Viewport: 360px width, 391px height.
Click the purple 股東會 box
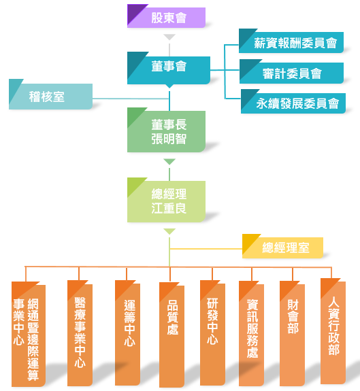(166, 16)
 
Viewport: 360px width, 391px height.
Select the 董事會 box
(169, 68)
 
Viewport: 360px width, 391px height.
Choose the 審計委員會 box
(291, 71)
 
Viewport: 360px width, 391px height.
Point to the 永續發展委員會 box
(293, 101)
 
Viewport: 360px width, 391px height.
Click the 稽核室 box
(50, 95)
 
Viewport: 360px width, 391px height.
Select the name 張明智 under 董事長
(169, 139)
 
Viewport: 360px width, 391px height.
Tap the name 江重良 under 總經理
(169, 209)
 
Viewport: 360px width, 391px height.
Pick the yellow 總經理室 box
(282, 246)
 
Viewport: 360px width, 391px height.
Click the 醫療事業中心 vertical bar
(80, 333)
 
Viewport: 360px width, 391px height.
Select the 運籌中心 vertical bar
(127, 333)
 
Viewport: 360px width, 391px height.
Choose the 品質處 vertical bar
(171, 335)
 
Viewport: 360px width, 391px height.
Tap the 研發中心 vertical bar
(212, 333)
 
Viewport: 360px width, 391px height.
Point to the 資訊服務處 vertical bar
(252, 333)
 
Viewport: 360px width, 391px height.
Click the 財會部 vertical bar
(292, 333)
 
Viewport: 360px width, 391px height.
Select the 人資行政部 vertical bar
(333, 331)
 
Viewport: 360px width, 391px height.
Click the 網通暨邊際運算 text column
(33, 339)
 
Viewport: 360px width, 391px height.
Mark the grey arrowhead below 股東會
(169, 37)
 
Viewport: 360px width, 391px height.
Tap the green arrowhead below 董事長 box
(169, 162)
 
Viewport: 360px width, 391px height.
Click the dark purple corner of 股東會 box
(134, 12)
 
